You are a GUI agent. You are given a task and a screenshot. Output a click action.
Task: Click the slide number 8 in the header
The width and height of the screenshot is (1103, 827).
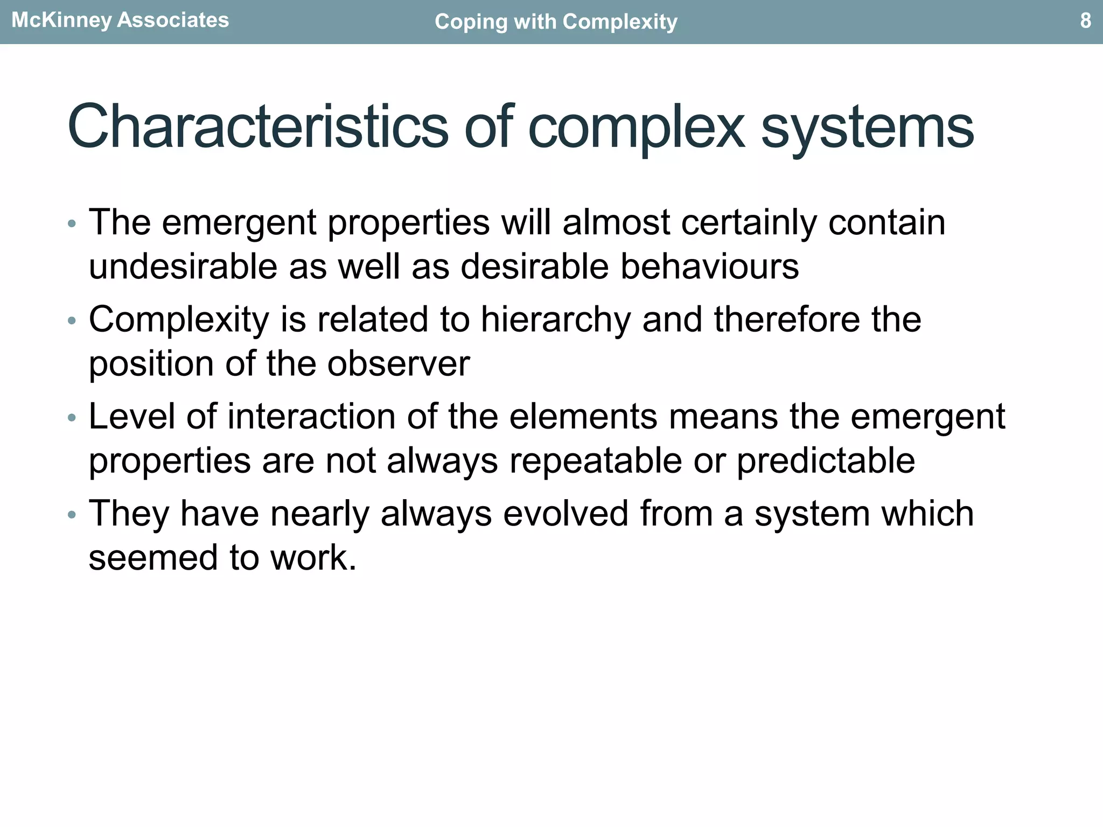1085,21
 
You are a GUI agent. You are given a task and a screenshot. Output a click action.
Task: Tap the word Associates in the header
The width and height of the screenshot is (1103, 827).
173,20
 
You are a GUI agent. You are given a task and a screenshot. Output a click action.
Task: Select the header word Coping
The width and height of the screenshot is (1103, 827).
468,23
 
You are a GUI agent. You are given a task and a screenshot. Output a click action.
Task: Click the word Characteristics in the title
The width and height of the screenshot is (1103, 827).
257,127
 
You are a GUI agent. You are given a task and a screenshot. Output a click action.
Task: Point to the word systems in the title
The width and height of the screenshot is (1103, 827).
867,128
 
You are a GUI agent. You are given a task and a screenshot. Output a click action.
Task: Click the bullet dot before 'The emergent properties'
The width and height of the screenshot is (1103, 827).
72,224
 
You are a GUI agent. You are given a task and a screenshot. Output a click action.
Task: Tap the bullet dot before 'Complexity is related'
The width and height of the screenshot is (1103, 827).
72,321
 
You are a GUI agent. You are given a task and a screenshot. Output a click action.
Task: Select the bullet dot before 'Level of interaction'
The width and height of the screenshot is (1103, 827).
72,418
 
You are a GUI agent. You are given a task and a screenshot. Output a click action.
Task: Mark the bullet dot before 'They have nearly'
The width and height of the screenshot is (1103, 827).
72,515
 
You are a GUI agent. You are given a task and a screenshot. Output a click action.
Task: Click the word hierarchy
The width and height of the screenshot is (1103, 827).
555,320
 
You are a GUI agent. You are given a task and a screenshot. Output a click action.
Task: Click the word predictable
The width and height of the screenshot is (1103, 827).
826,461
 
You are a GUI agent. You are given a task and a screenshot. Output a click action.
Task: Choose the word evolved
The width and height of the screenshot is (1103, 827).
566,514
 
